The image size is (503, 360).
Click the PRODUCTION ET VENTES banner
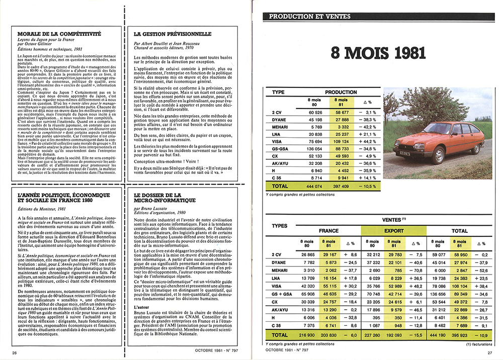click(x=310, y=16)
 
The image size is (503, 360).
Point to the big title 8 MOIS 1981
click(x=379, y=53)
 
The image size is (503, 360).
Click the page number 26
click(x=15, y=352)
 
